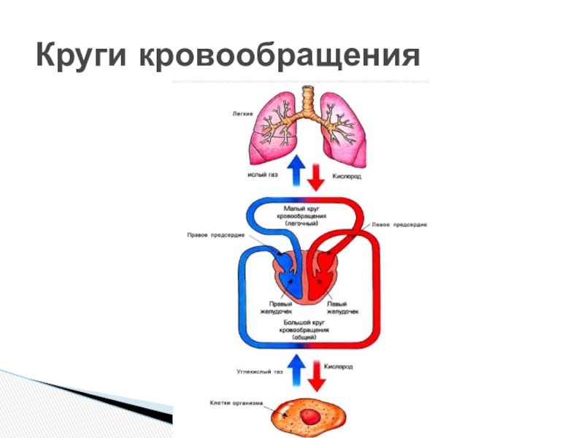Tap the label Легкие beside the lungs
[242, 113]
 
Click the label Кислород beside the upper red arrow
[347, 177]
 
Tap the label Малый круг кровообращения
[306, 215]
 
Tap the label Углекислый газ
[259, 372]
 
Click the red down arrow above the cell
[317, 374]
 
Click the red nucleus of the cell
[312, 417]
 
